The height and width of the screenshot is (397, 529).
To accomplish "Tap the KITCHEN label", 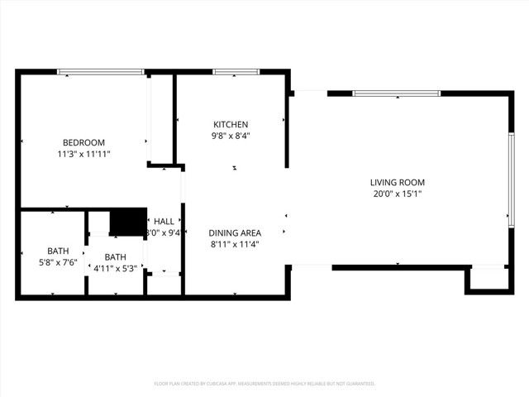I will [x=230, y=124].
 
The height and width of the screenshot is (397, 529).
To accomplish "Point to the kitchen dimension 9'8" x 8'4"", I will [x=230, y=136].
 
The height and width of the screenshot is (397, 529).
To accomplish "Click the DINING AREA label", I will [x=236, y=233].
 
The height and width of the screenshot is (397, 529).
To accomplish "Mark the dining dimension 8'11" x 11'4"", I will [x=236, y=245].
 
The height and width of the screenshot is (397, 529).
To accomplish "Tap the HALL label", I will [x=164, y=222].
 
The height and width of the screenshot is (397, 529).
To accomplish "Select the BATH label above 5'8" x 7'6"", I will [x=58, y=251].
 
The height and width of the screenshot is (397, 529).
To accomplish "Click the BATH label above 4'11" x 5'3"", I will [x=115, y=256].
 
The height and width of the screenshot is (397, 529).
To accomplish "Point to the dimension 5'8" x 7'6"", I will [x=58, y=262].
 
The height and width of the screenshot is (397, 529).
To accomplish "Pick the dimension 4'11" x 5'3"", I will [x=115, y=268].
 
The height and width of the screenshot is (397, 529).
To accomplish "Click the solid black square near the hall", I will [x=127, y=222].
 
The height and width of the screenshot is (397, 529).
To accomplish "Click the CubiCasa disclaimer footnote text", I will [x=264, y=384].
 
